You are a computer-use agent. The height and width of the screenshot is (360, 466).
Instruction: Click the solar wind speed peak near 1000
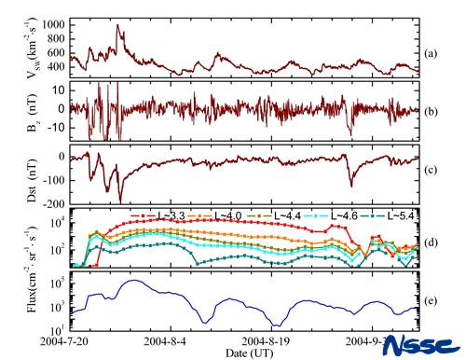pos(117,25)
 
